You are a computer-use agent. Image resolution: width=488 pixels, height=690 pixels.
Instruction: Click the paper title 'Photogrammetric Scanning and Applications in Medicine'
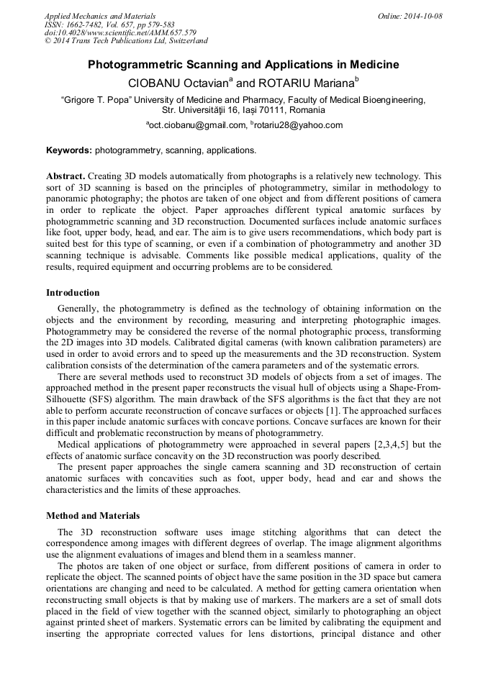[243, 65]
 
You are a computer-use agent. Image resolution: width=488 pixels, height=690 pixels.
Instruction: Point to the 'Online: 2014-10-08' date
[410, 16]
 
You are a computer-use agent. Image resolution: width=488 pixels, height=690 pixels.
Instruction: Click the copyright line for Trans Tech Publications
[126, 41]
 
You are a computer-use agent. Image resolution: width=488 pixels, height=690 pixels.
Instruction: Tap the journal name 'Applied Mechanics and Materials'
[99, 16]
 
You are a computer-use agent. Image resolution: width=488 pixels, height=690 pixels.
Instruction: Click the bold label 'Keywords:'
[69, 150]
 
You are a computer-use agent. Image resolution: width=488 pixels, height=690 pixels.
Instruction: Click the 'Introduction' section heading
[73, 293]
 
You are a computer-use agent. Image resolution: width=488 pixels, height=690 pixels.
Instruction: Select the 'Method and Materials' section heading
[93, 516]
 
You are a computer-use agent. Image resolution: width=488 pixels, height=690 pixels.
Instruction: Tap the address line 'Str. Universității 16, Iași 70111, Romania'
[243, 110]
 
